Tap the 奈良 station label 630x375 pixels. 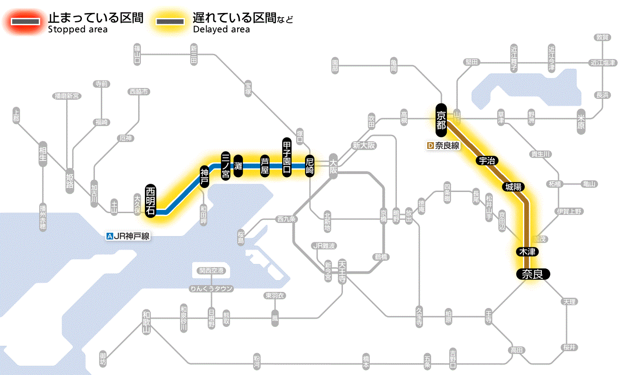point(533,274)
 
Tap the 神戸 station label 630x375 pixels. point(204,177)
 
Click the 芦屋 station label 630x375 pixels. point(265,166)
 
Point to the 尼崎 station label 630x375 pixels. point(310,166)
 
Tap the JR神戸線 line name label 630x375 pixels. point(128,236)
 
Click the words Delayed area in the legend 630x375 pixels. point(221,30)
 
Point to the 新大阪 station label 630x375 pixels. point(363,145)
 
